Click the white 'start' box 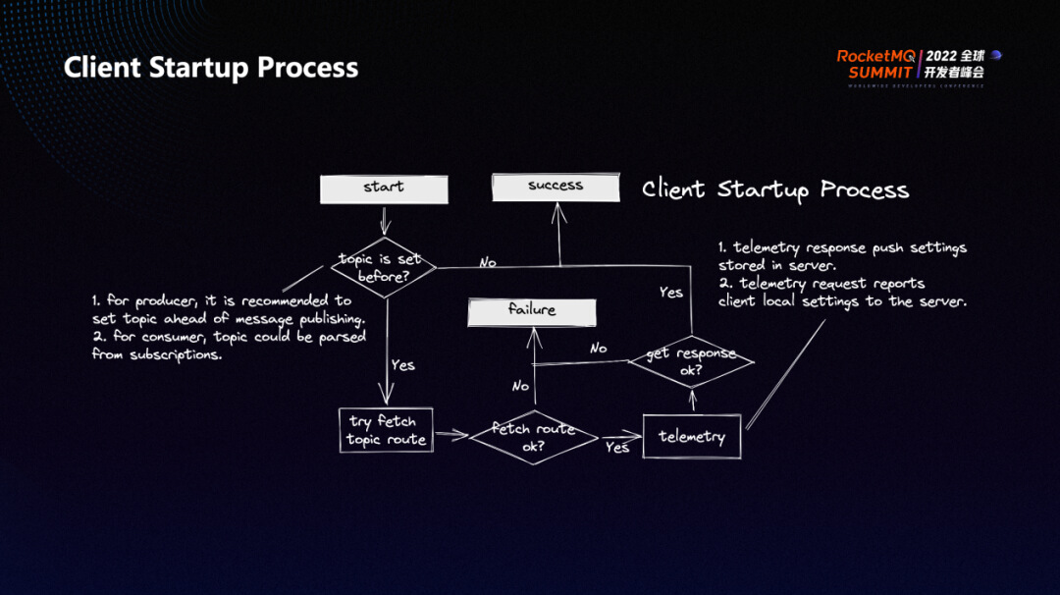click(384, 189)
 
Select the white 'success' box click(556, 187)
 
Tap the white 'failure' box click(532, 311)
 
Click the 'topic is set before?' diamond click(382, 267)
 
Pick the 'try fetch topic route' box click(386, 431)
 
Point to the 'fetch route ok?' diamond click(533, 438)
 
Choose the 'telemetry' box click(692, 437)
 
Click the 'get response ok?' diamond click(691, 361)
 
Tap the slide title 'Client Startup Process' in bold click(211, 68)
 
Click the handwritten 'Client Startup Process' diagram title click(775, 189)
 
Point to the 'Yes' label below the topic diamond click(402, 365)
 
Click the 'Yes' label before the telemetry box click(617, 448)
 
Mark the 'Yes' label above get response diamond click(671, 293)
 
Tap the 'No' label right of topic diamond click(487, 262)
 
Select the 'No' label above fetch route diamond click(520, 386)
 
